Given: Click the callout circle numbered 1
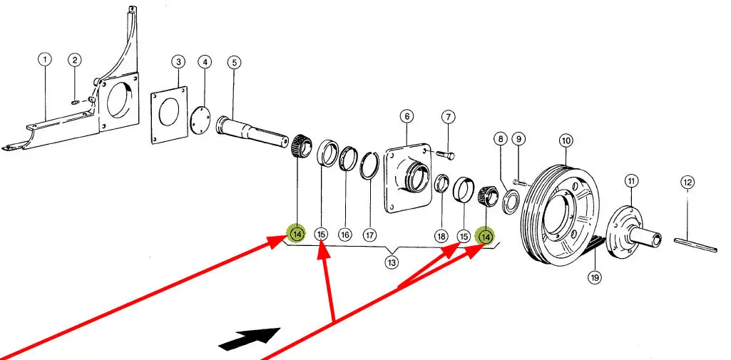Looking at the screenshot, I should pyautogui.click(x=45, y=61).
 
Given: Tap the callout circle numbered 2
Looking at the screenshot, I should pyautogui.click(x=75, y=61).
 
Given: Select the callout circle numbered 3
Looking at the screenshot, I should pyautogui.click(x=178, y=63).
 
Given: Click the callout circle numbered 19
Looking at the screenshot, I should pyautogui.click(x=595, y=277).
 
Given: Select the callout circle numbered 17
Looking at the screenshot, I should pyautogui.click(x=369, y=235).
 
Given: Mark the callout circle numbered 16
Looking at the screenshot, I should pyautogui.click(x=345, y=235).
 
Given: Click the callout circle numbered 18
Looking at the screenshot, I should pyautogui.click(x=441, y=235).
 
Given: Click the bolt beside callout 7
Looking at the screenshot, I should pyautogui.click(x=446, y=153).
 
